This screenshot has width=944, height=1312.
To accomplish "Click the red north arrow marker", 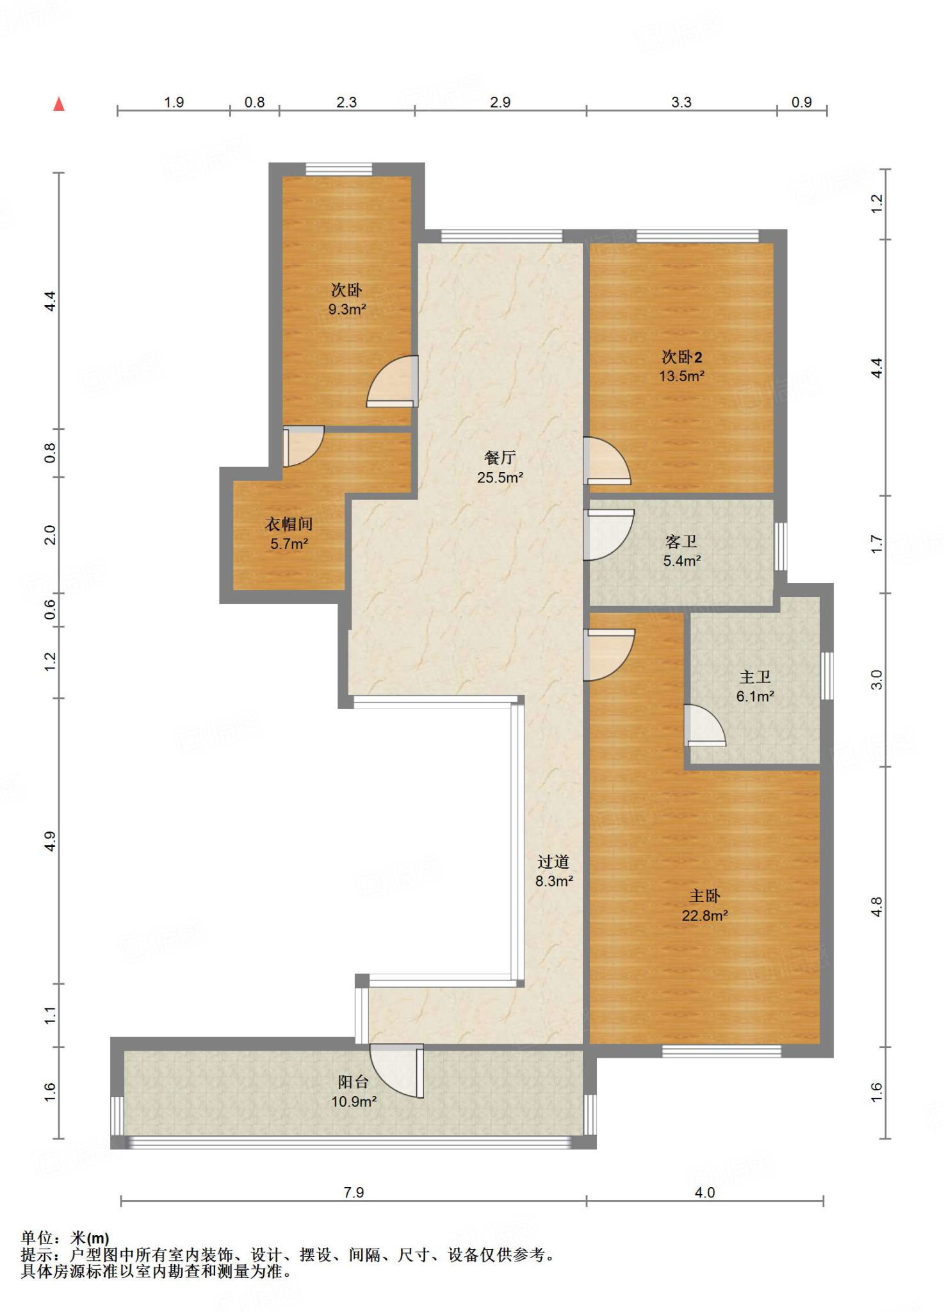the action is coord(59,104).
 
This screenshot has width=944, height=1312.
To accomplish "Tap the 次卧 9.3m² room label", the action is coord(347,300).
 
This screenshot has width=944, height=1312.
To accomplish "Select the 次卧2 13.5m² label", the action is coord(682,366).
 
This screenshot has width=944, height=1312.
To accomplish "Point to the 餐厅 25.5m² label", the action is coord(500,467).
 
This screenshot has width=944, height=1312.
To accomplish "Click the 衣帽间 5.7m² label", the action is coord(289,534).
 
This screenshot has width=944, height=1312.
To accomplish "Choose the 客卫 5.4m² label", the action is coord(681,551).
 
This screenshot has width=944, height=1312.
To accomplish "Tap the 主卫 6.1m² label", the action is coord(755,686).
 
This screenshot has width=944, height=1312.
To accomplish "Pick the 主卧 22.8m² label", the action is coord(704,905).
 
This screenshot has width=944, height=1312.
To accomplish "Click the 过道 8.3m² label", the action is coord(554,871).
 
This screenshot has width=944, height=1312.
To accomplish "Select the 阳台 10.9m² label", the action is coord(354,1091).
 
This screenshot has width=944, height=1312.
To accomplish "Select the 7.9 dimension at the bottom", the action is coord(354,1192).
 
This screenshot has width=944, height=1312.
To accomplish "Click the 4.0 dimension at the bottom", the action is coord(704,1192).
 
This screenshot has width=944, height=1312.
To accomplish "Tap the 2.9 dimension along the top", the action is coord(500,102).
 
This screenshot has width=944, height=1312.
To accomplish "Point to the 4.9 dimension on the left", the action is coord(50,841).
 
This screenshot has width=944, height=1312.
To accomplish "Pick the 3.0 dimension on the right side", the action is coord(876,679).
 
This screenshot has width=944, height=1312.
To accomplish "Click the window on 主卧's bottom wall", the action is coord(721,1051).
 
